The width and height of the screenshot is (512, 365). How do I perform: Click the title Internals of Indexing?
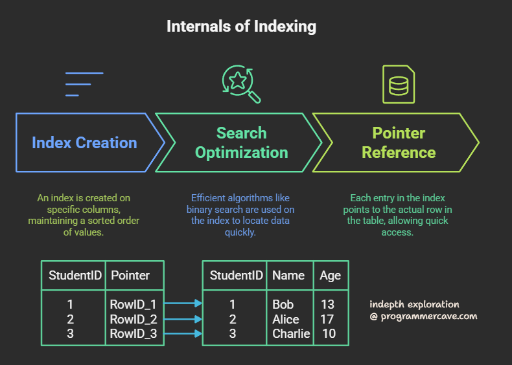tap(241, 27)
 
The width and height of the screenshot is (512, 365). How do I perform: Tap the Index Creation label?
tap(84, 143)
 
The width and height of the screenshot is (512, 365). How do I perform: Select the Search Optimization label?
tap(241, 143)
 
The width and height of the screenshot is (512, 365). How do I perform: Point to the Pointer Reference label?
tap(399, 143)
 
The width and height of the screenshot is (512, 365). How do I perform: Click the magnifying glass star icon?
tap(240, 83)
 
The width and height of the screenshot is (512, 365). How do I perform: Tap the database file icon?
tap(399, 84)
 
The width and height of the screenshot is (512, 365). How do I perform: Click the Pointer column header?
tap(130, 275)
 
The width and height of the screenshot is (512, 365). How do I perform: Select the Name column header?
tap(288, 275)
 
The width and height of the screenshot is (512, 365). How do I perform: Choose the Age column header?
tap(330, 275)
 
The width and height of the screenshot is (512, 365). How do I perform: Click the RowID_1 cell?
tap(134, 304)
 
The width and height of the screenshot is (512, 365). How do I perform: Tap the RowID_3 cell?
tap(134, 334)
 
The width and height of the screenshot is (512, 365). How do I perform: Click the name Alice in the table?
tap(286, 319)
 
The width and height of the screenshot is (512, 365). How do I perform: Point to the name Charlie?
tap(291, 334)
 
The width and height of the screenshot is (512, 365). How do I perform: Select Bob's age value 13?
tap(329, 304)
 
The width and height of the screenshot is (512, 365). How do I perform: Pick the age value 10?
tap(329, 334)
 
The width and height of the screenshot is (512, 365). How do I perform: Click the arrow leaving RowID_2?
tap(183, 318)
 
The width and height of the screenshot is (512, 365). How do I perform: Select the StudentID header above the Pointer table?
tap(75, 275)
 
